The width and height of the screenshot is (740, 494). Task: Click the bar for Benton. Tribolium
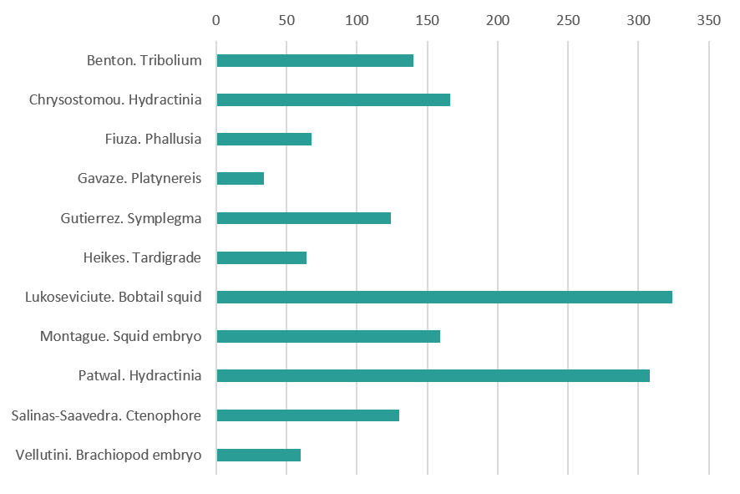click(x=314, y=60)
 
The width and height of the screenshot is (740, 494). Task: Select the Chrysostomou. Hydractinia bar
click(x=332, y=99)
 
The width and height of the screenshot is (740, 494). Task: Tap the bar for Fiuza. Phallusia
click(x=263, y=139)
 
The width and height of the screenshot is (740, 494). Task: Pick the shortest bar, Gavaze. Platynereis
click(x=240, y=178)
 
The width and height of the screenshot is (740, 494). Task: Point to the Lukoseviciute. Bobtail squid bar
click(x=443, y=297)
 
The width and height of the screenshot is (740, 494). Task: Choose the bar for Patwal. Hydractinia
click(x=433, y=375)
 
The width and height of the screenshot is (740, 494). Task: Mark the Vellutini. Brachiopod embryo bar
click(x=258, y=455)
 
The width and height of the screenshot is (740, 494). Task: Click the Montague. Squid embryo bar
click(x=327, y=336)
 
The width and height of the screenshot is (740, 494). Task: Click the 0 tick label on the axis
click(x=216, y=20)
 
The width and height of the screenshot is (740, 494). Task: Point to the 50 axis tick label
click(x=286, y=20)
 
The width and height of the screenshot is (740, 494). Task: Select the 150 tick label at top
click(x=427, y=20)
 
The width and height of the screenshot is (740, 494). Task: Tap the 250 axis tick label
click(x=568, y=20)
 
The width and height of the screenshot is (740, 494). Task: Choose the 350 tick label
click(x=708, y=20)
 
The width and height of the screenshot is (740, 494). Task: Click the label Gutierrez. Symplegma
click(x=131, y=218)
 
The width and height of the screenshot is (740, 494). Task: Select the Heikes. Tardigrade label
click(x=143, y=257)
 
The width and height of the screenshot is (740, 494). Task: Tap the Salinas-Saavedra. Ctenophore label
click(x=107, y=415)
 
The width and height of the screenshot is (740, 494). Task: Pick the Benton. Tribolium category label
click(x=144, y=60)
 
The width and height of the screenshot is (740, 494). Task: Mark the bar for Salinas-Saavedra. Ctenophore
click(x=307, y=415)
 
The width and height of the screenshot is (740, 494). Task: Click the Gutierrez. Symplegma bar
click(x=303, y=218)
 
